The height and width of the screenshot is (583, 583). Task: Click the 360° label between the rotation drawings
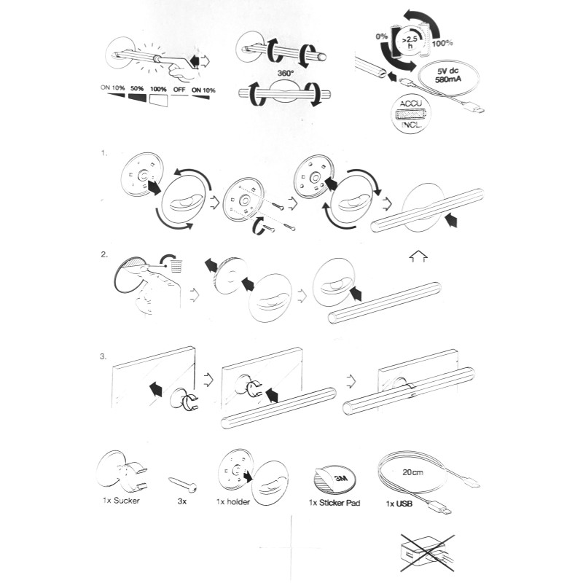click(x=285, y=74)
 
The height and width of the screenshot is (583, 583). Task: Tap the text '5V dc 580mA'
click(x=448, y=75)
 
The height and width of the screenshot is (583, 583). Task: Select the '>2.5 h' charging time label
click(x=410, y=42)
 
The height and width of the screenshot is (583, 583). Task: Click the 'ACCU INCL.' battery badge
click(x=410, y=114)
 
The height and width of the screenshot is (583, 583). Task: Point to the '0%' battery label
click(x=381, y=36)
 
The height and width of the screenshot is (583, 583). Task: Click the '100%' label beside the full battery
click(x=442, y=43)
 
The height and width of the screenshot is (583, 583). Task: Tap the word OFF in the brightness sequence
click(x=179, y=90)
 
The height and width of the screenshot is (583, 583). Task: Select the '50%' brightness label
click(x=137, y=89)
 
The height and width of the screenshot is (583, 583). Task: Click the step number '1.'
click(x=103, y=153)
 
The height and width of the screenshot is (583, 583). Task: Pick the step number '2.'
click(x=104, y=255)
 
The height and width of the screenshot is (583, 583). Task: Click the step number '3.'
click(x=103, y=356)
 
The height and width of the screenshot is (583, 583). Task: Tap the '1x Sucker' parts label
click(x=121, y=501)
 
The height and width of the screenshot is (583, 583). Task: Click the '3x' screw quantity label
click(x=182, y=501)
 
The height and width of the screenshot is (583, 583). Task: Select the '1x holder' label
click(x=233, y=502)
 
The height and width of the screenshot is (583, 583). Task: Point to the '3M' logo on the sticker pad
click(x=340, y=478)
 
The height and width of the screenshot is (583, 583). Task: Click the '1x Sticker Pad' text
click(x=334, y=503)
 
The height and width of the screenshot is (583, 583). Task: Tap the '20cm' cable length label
click(x=412, y=472)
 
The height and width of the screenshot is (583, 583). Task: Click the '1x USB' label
click(x=399, y=504)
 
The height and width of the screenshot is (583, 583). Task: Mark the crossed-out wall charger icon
click(x=428, y=553)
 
